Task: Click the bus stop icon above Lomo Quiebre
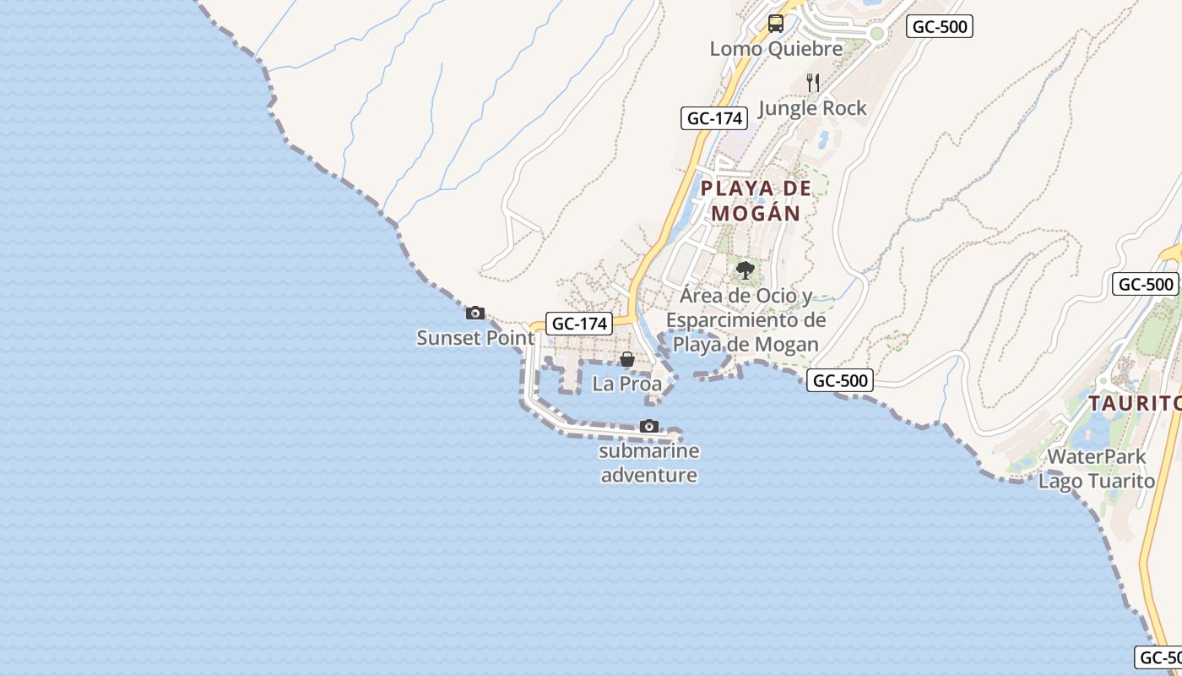[775, 24]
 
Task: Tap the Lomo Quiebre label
[776, 49]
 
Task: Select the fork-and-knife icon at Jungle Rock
[813, 82]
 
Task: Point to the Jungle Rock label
[812, 108]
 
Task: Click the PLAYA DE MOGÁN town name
[756, 200]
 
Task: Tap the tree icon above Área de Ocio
[745, 270]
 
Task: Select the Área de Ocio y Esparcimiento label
[746, 320]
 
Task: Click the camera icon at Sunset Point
[475, 313]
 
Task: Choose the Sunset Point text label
[475, 338]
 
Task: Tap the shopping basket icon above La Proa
[626, 359]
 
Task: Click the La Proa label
[626, 384]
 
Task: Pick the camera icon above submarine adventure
[648, 426]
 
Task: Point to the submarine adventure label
[648, 463]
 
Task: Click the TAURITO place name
[1134, 404]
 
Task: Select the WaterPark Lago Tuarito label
[1096, 469]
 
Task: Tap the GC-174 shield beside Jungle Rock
[714, 118]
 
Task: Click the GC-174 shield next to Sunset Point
[579, 323]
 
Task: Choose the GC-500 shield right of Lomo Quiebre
[940, 26]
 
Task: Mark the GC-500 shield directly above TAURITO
[1146, 284]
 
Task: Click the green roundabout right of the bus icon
[876, 35]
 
